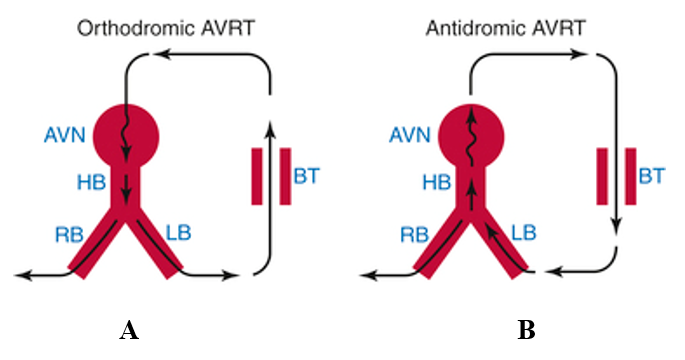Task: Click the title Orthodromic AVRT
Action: coord(166,28)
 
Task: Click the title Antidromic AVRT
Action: coord(505,28)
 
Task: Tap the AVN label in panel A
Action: coord(65,135)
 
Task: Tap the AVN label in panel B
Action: coord(410,135)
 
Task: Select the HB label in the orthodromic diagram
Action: coord(91,182)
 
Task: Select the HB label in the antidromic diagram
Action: coord(436,182)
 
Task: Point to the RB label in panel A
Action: coord(69,235)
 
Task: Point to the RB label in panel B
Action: coord(414,235)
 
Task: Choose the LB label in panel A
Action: coord(178,232)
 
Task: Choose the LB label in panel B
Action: coord(523,232)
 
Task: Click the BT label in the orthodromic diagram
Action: coord(307,176)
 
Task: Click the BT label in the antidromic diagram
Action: coord(652,176)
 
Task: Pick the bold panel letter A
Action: coord(129,330)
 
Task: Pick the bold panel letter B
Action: coord(526,330)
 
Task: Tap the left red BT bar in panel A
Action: coord(257,176)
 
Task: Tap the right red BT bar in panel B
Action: coord(630,176)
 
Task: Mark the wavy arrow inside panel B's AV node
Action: coord(471,135)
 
